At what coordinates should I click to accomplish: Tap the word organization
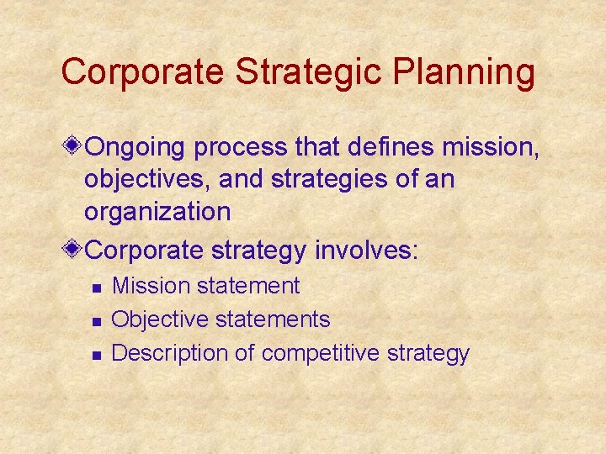point(157,212)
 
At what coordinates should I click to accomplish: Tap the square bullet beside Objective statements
point(96,321)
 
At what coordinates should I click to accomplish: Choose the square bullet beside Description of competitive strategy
point(96,355)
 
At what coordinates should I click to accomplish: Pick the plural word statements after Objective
point(273,319)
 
